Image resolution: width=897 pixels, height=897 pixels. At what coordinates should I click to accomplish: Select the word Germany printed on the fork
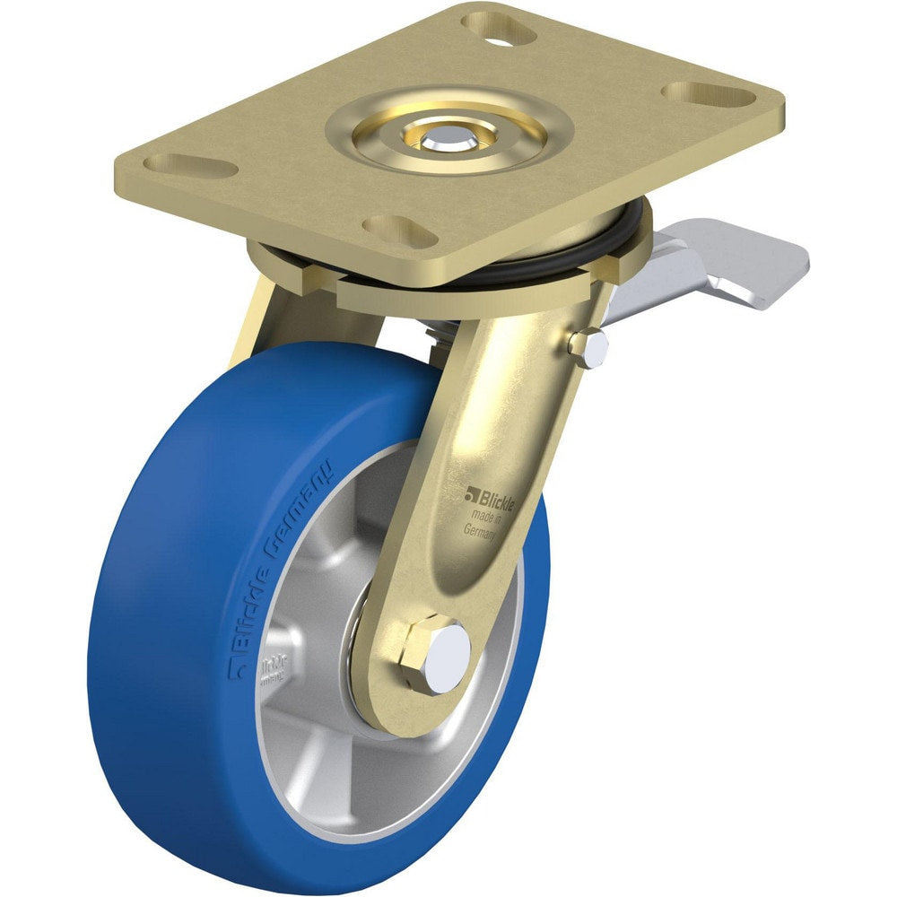(482, 529)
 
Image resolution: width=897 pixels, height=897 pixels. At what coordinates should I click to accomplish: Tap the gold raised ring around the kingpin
(448, 135)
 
